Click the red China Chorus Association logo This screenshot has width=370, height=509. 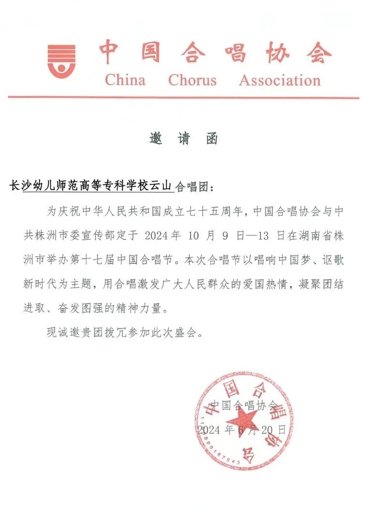point(61,60)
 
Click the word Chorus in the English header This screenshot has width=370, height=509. point(192,80)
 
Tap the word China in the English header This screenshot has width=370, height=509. point(125,80)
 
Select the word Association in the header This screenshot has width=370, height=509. point(280,80)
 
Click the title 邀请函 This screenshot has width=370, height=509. point(184,139)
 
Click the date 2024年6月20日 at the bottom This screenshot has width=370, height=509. point(242,429)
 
